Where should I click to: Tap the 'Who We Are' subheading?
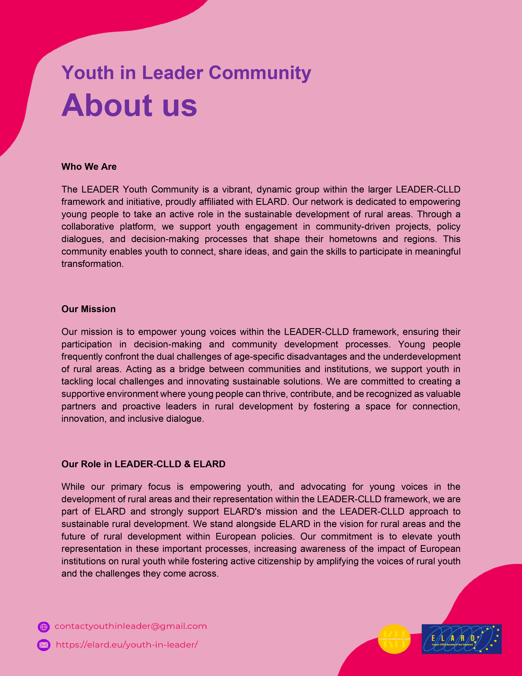tap(89, 167)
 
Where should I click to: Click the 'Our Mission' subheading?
tap(88, 309)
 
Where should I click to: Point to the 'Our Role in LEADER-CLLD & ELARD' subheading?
tap(143, 464)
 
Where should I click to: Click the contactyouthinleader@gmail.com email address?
tap(131, 626)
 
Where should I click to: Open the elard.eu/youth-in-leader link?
tap(127, 645)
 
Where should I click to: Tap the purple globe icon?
tap(44, 627)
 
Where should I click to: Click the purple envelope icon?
tap(44, 645)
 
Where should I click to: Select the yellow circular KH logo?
tap(394, 639)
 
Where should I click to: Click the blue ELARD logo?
tap(461, 639)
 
